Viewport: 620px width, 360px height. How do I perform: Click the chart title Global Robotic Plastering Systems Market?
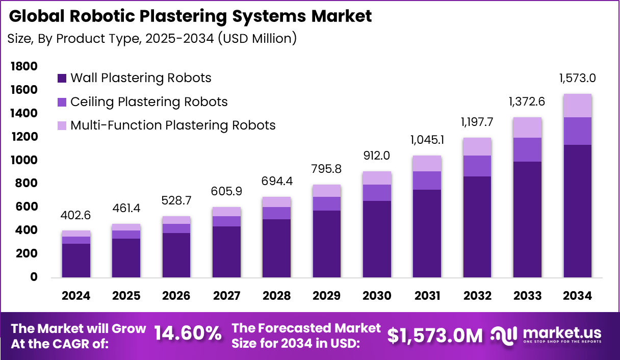click(190, 16)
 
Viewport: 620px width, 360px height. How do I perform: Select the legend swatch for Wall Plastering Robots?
click(62, 78)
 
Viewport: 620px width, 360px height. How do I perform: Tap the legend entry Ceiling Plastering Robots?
click(149, 102)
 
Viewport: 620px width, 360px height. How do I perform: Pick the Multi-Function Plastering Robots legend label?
click(173, 125)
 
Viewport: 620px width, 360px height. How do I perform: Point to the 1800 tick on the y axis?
click(23, 66)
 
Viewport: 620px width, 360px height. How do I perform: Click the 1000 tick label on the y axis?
click(23, 160)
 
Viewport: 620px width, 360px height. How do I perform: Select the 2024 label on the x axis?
click(76, 296)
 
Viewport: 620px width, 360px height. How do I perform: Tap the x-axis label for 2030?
click(377, 296)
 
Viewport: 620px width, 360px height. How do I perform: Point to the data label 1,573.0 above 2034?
click(577, 79)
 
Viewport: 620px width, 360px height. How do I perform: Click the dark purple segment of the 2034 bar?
click(577, 211)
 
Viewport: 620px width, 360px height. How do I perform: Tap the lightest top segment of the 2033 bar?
click(527, 127)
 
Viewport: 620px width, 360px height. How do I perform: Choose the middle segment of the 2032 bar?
click(477, 166)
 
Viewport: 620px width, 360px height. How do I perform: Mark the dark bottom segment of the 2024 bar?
click(76, 260)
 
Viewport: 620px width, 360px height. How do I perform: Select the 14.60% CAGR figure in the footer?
click(188, 334)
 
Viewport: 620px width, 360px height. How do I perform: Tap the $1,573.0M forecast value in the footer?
click(434, 335)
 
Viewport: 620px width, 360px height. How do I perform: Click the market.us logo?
click(546, 335)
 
